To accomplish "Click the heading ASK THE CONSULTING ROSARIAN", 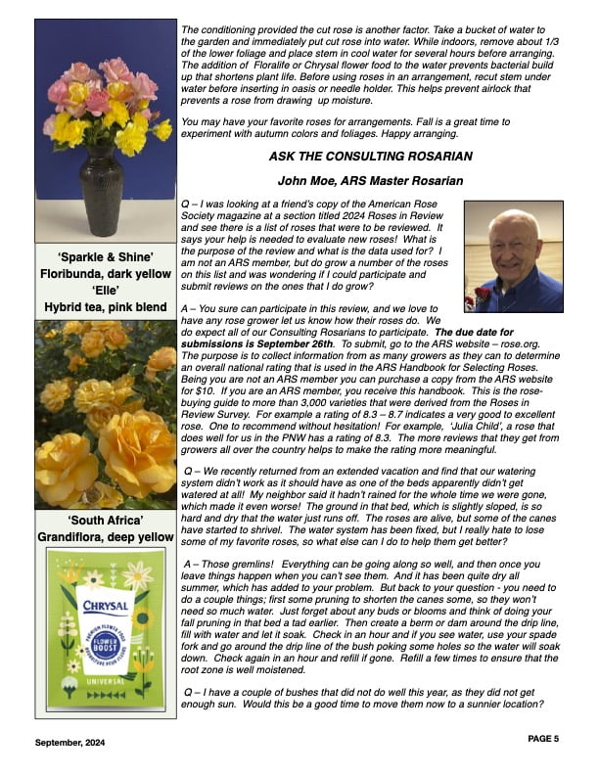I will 370,157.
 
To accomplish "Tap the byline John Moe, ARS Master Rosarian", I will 370,180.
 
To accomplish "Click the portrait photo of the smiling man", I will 513,256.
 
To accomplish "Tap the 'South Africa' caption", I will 106,521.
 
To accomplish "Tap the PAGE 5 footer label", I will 543,738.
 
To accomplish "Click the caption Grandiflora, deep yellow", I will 106,537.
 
